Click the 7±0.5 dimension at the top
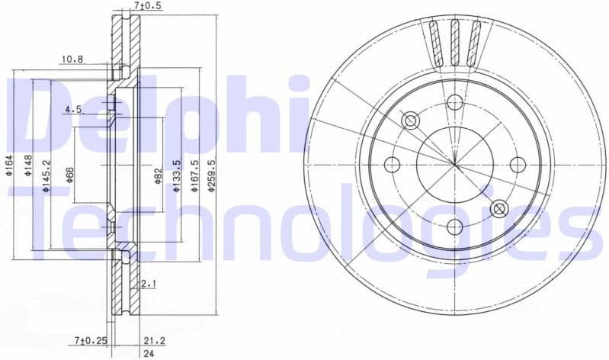tap(148, 6)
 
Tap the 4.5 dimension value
tap(73, 110)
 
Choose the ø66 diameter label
tap(69, 173)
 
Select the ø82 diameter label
tap(159, 175)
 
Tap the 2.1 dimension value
tap(149, 284)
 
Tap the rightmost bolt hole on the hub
tap(517, 164)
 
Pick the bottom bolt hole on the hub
tap(455, 226)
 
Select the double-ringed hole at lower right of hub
tap(499, 208)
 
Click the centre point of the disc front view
tap(455, 164)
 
